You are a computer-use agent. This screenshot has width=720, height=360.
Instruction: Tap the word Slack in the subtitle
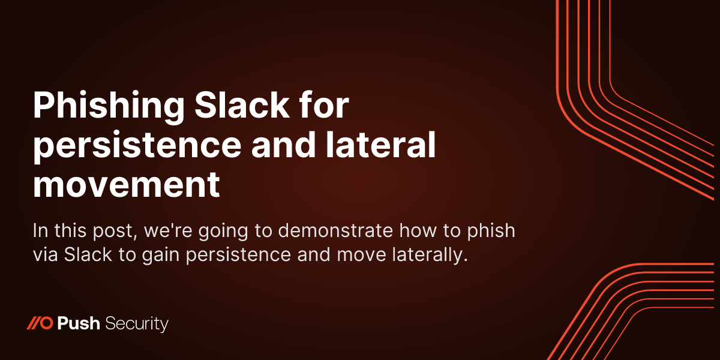coord(88,254)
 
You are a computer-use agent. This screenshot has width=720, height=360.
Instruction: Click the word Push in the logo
coord(79,324)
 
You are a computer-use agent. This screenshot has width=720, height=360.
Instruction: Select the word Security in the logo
coord(137,325)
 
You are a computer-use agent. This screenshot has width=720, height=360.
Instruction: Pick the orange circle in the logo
coord(49,324)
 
